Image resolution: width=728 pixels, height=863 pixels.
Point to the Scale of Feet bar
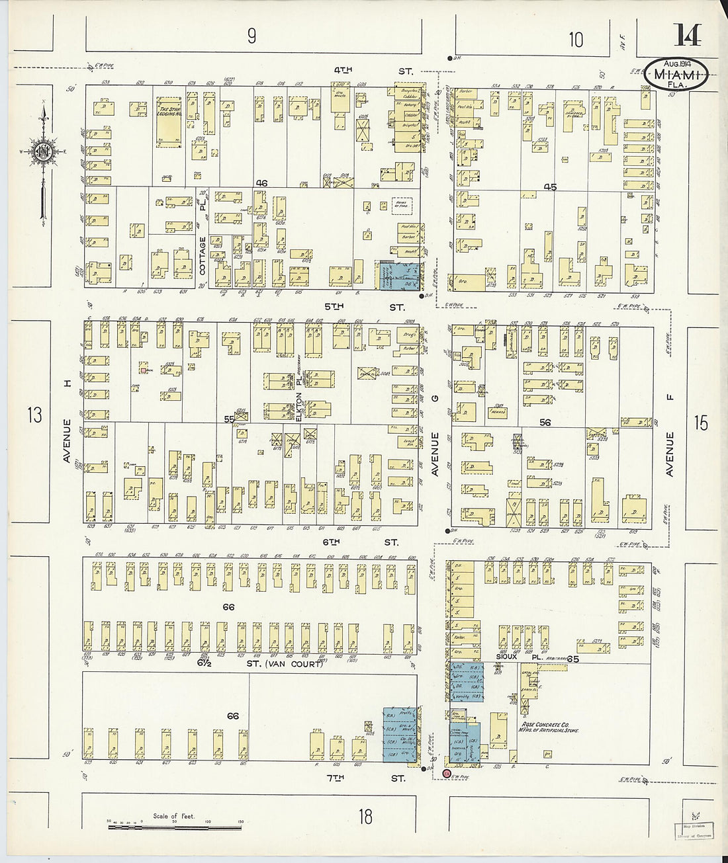click(175, 823)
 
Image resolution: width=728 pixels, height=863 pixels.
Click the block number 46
click(262, 183)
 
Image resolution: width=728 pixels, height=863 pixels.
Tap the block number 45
click(550, 187)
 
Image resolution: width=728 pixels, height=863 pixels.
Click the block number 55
click(229, 419)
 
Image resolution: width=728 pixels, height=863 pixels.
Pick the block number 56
click(545, 422)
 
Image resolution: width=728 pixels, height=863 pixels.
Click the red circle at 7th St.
click(446, 773)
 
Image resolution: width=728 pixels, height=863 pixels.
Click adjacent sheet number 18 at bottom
click(365, 817)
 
